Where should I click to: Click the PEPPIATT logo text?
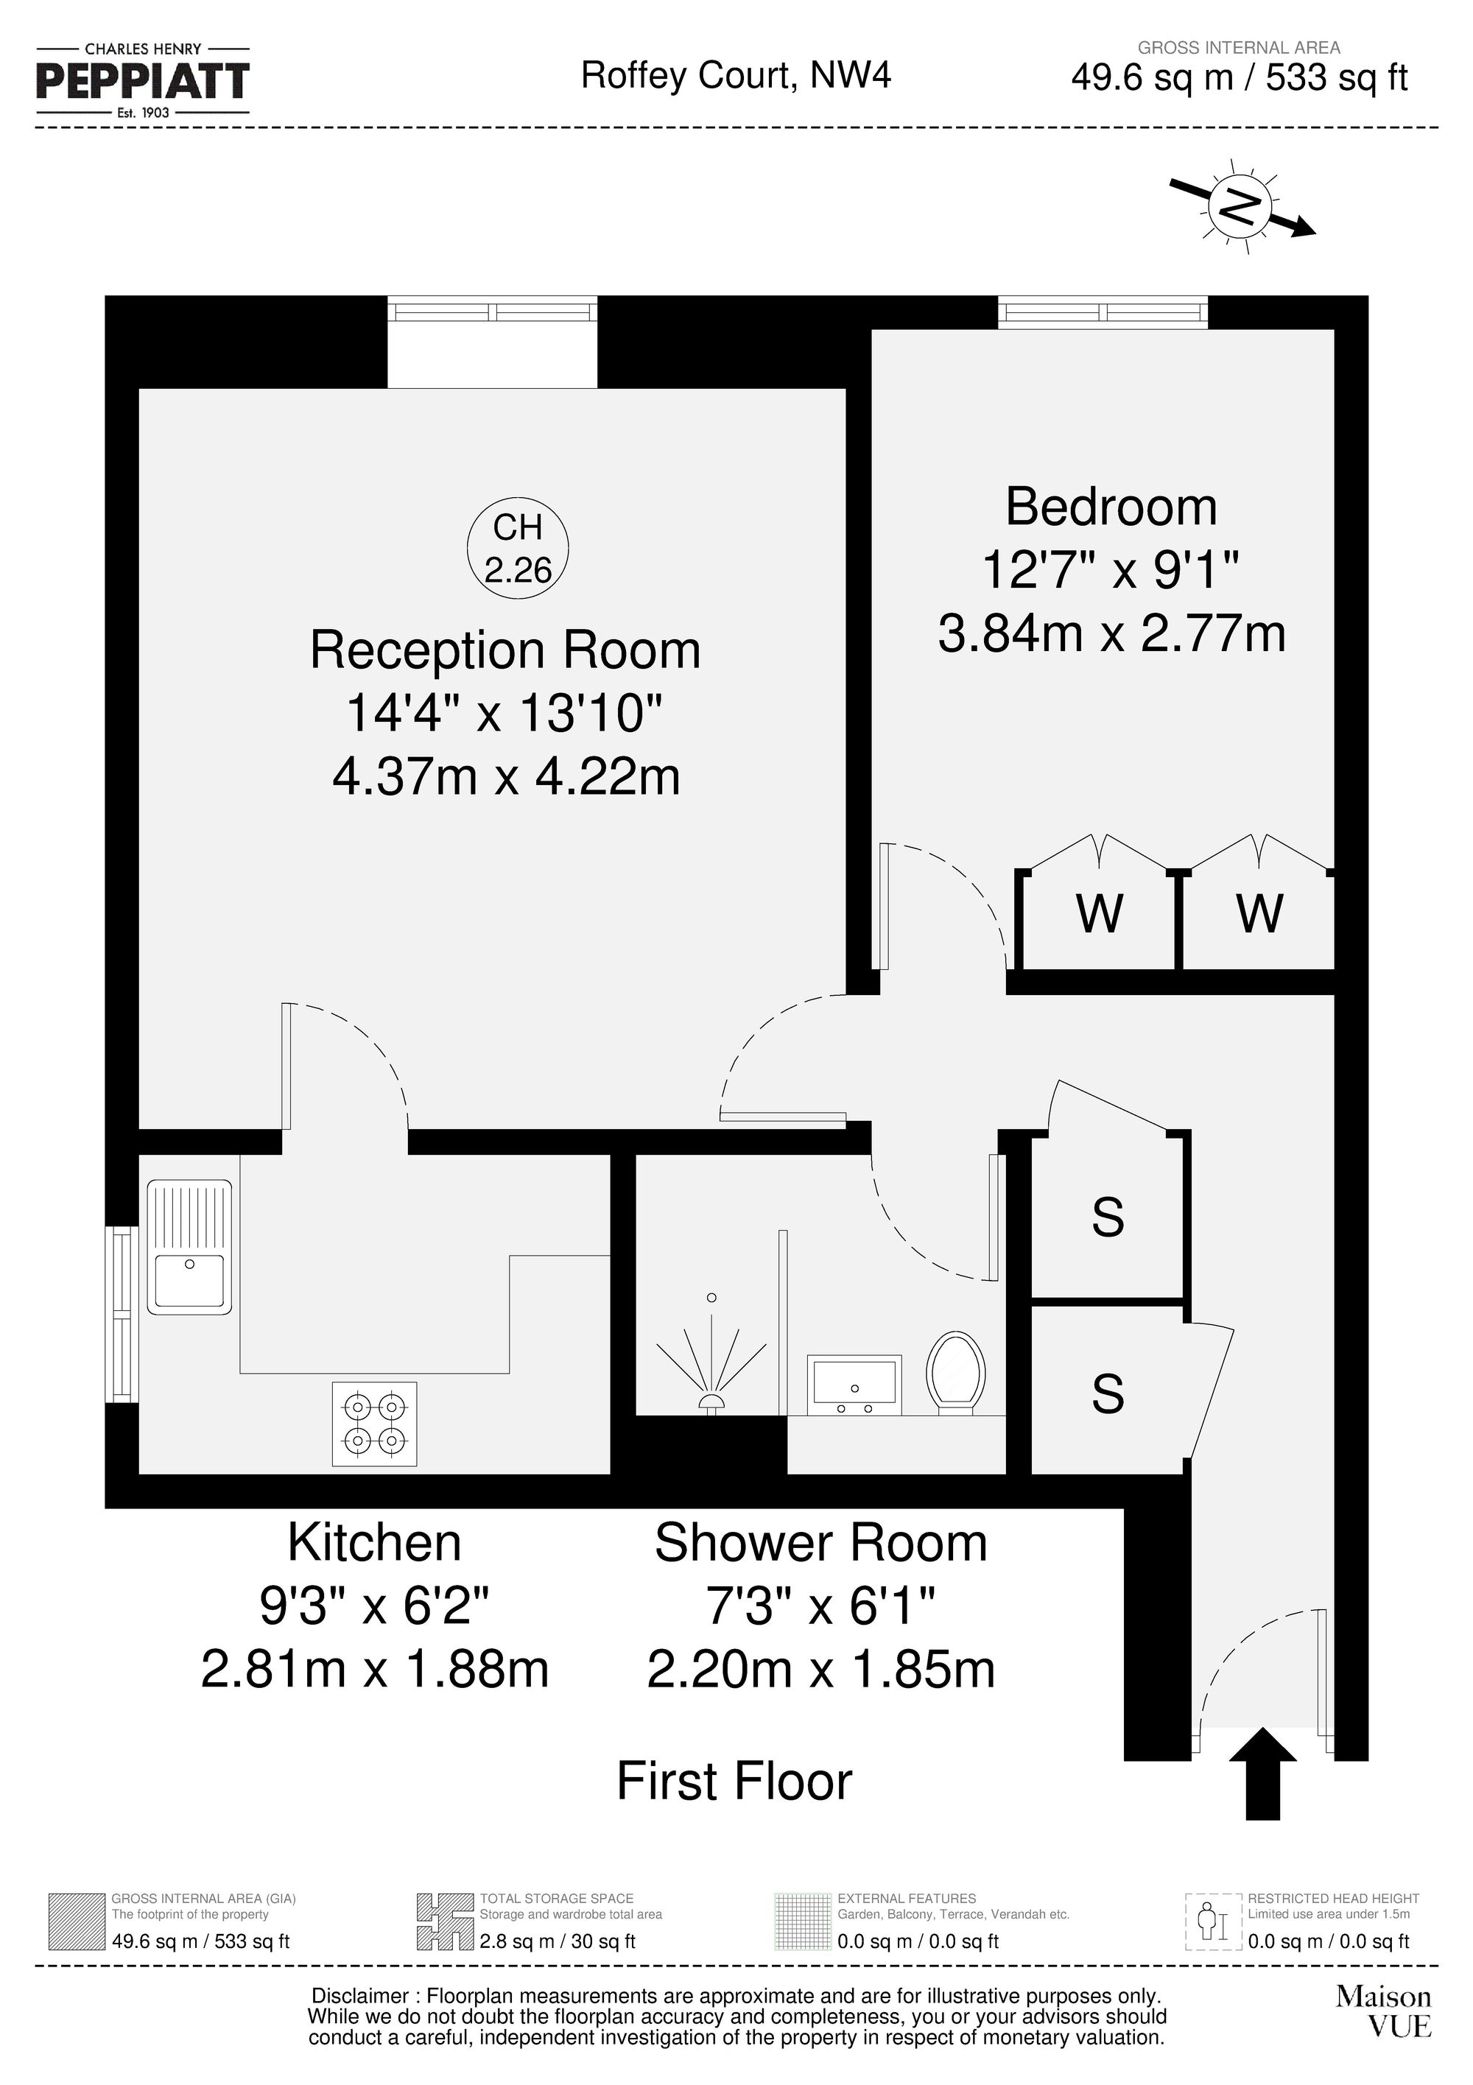pos(143,81)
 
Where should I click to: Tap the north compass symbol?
pos(1240,207)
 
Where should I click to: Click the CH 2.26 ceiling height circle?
pos(518,549)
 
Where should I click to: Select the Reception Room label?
pos(505,650)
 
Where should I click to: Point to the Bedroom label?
pos(1111,507)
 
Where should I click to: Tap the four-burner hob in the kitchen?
pos(374,1424)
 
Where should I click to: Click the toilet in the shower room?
pos(955,1372)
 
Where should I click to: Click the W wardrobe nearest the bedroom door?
pos(1099,913)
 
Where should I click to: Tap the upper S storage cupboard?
pos(1107,1217)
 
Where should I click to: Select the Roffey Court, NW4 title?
pos(736,75)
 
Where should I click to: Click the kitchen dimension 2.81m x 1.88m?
pos(374,1669)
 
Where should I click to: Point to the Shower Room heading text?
pos(820,1543)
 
